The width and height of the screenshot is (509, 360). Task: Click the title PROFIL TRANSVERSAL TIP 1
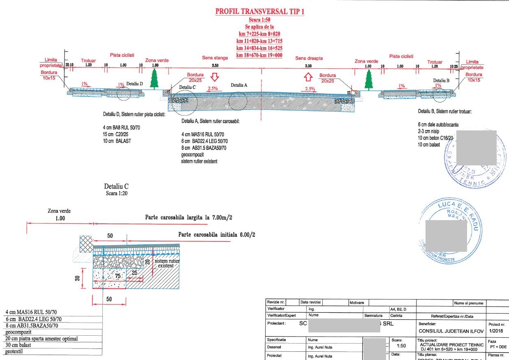click(x=260, y=12)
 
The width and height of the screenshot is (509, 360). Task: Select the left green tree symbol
click(x=154, y=79)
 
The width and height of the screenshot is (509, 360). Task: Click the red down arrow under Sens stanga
click(x=214, y=77)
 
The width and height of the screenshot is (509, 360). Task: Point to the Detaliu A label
click(x=239, y=85)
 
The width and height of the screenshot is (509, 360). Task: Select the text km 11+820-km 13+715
click(x=259, y=41)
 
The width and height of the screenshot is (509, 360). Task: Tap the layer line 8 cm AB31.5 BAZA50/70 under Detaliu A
click(x=204, y=148)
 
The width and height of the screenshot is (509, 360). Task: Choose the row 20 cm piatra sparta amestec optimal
click(x=42, y=339)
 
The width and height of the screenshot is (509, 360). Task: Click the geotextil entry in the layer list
click(x=15, y=351)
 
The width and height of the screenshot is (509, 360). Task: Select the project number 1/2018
click(x=495, y=331)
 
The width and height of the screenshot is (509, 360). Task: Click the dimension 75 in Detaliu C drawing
click(x=118, y=276)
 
